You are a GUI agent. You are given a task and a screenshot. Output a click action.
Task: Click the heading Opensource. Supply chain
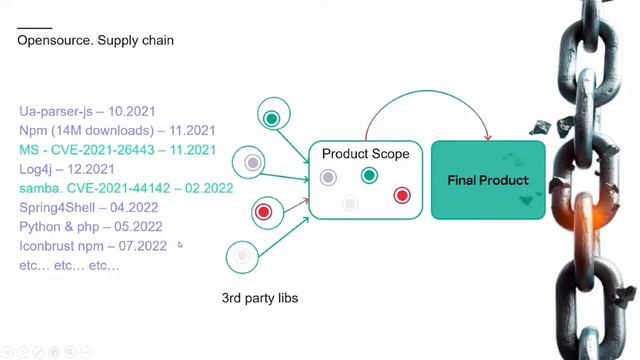tap(96, 41)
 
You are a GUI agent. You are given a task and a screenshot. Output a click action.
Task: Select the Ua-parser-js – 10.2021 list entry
tap(86, 112)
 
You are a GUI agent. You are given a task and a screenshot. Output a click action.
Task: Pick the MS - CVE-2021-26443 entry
tap(117, 150)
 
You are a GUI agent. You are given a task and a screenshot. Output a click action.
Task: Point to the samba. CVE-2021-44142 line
tap(126, 188)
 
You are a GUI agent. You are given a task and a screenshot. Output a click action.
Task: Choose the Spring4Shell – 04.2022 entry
tap(89, 208)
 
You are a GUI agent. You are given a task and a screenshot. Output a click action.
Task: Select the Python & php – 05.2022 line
tap(91, 227)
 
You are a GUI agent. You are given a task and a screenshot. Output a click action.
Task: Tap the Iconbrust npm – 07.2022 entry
tap(93, 246)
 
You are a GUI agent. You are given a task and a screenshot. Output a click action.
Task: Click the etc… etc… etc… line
tap(69, 265)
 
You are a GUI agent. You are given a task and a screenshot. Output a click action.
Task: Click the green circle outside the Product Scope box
tap(271, 119)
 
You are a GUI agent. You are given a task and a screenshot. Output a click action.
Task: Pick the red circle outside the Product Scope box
tap(263, 212)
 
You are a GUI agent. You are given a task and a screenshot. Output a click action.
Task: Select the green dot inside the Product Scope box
tap(369, 176)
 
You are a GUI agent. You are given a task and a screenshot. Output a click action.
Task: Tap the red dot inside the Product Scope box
tap(402, 195)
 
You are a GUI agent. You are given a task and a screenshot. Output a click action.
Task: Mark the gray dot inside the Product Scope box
tap(328, 178)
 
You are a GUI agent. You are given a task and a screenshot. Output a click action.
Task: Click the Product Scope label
tap(365, 154)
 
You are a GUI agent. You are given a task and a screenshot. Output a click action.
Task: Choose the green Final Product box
tap(488, 180)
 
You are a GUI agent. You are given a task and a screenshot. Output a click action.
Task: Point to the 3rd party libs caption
tap(260, 298)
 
